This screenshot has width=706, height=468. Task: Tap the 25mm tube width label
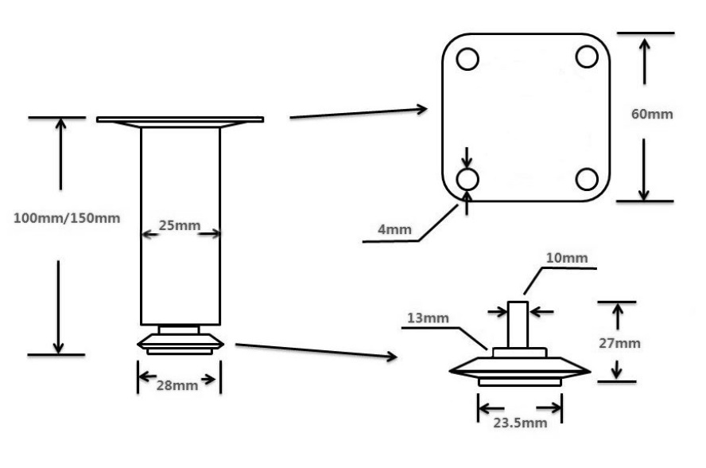pyautogui.click(x=179, y=225)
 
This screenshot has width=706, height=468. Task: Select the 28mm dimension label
pyautogui.click(x=176, y=385)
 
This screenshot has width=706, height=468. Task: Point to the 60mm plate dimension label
pyautogui.click(x=652, y=114)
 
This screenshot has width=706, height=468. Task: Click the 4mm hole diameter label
pyautogui.click(x=395, y=231)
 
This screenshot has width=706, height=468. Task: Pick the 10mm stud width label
pyautogui.click(x=566, y=258)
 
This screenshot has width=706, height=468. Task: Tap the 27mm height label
pyautogui.click(x=618, y=343)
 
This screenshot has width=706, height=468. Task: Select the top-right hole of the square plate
pyautogui.click(x=587, y=57)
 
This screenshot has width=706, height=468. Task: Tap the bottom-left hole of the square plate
pyautogui.click(x=467, y=178)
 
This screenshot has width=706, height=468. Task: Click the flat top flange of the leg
pyautogui.click(x=180, y=119)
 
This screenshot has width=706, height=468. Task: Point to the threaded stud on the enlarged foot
pyautogui.click(x=518, y=324)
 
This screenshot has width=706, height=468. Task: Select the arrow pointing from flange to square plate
pyautogui.click(x=359, y=112)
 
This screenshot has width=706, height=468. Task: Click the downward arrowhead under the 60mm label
pyautogui.click(x=644, y=191)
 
